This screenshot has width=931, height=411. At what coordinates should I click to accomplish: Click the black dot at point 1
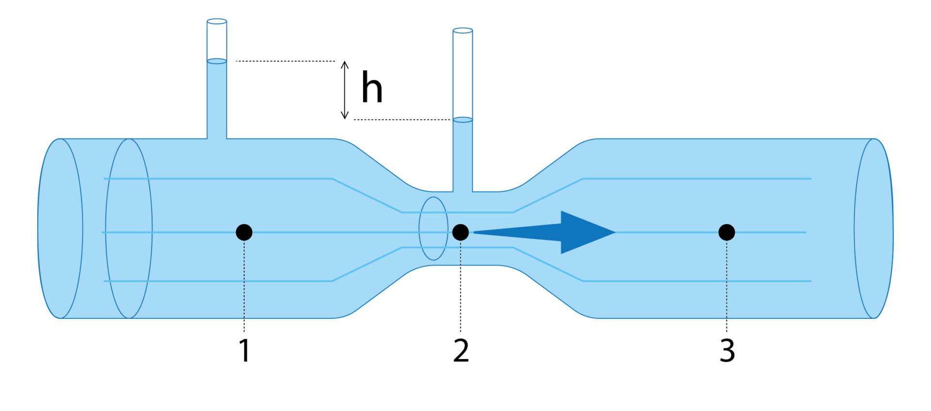pos(244,232)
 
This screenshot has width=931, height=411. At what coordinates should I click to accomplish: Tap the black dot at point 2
pos(460,232)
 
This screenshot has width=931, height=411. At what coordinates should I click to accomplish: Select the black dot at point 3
pos(726,232)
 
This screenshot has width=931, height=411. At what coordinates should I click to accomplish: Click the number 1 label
pos(244,350)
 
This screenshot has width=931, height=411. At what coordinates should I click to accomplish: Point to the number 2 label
pos(461,350)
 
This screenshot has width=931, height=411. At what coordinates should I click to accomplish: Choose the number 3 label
pos(727,350)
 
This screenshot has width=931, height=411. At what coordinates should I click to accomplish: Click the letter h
pos(372,88)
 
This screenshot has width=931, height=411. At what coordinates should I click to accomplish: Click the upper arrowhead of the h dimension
pos(344,64)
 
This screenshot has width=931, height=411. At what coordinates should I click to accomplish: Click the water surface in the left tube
pos(217,61)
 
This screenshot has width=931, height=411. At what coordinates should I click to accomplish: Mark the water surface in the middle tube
pos(463,119)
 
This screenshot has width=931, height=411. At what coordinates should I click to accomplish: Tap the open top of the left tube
pos(217,21)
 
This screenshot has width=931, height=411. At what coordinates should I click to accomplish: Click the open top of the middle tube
pos(463,31)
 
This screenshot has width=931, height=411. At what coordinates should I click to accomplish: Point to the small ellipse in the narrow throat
pos(433,229)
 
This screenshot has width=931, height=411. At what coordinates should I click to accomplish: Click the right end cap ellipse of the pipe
pos(873,229)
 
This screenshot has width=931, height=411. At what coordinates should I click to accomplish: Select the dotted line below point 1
pos(244,286)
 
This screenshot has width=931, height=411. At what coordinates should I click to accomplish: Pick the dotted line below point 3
pos(726,286)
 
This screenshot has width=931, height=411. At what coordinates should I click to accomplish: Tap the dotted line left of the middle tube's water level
pos(402,119)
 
